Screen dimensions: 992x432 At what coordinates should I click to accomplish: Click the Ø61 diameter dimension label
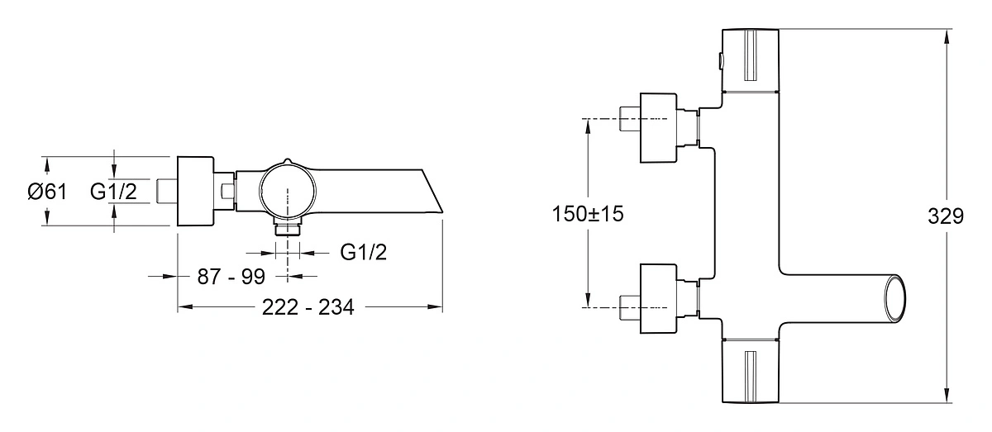point(47,192)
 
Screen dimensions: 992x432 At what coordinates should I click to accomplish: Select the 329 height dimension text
point(946,216)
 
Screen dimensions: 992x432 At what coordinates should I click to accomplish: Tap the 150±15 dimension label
point(588,214)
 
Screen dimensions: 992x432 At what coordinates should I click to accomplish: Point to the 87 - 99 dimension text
point(231,277)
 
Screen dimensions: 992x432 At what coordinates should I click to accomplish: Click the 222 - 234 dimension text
point(308,307)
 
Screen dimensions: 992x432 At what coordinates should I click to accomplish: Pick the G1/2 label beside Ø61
point(113,192)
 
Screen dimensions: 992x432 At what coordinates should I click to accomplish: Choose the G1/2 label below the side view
point(364,252)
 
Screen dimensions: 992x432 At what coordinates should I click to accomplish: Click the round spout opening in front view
point(895,299)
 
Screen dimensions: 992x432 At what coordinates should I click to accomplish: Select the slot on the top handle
point(751,55)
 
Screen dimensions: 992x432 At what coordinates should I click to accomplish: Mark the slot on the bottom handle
point(751,377)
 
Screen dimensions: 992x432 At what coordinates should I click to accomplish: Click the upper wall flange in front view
point(659,128)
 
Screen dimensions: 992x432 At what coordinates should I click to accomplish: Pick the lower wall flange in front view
point(659,298)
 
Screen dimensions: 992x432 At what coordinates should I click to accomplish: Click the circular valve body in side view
point(288,190)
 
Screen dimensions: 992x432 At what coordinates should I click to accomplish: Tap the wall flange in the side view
point(195,191)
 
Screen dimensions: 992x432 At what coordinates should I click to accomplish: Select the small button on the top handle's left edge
point(721,60)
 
